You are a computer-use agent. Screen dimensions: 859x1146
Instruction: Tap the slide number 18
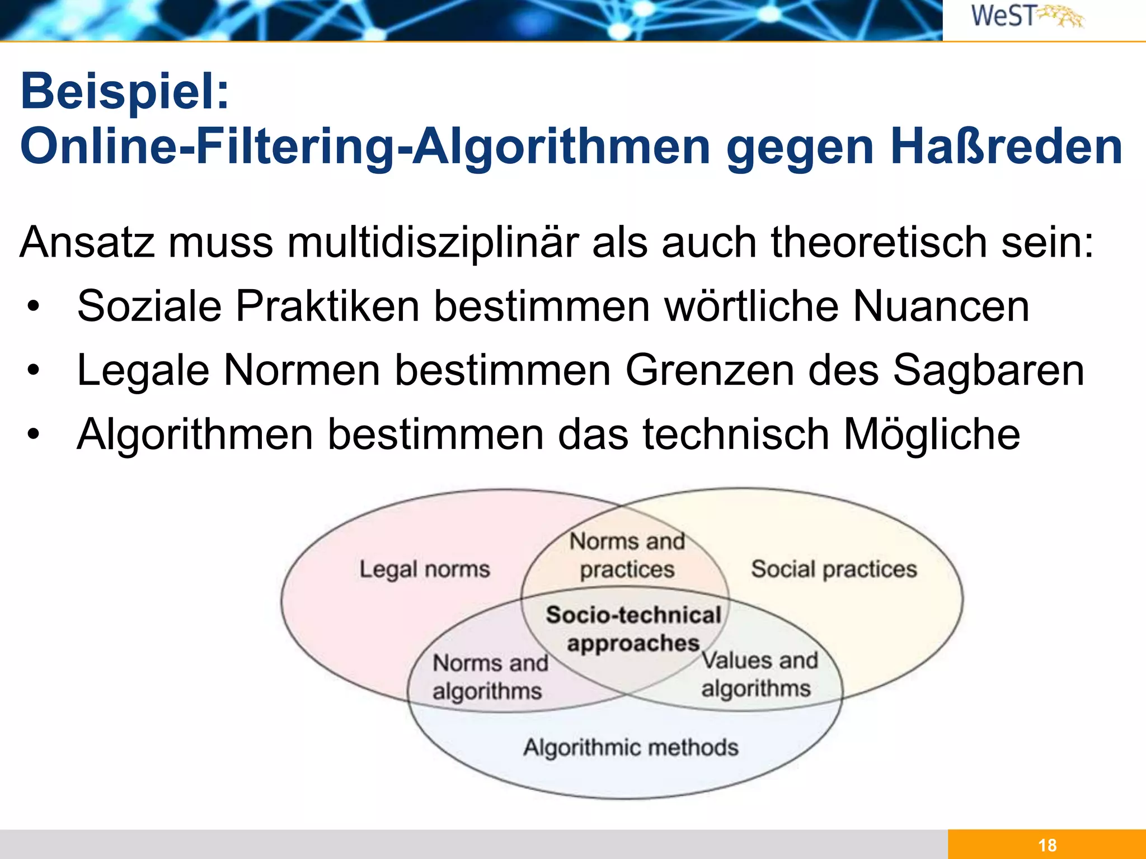[x=1047, y=845]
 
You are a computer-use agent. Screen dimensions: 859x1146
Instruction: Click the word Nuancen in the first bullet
[x=941, y=306]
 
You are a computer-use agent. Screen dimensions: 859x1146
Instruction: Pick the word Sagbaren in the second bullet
[x=988, y=370]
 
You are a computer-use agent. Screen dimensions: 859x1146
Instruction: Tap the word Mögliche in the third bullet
[x=932, y=434]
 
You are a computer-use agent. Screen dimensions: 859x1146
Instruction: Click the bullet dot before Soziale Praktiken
[x=34, y=306]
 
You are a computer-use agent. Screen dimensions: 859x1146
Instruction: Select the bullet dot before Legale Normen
[x=34, y=370]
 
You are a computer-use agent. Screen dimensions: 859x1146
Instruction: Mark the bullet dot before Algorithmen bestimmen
[x=34, y=434]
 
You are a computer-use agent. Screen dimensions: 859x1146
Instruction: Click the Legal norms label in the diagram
[x=425, y=569]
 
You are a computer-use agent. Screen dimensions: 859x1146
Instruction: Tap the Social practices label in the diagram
[x=834, y=569]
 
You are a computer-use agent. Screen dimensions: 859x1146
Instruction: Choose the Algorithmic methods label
[x=631, y=747]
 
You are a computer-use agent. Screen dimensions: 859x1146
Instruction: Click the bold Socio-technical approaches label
[x=633, y=629]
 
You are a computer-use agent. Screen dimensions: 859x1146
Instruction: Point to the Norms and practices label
[x=627, y=555]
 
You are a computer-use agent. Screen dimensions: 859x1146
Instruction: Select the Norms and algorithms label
[x=489, y=677]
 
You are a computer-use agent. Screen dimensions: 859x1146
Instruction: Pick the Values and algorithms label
[x=759, y=674]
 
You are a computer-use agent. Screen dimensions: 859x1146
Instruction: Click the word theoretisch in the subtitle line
[x=879, y=243]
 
